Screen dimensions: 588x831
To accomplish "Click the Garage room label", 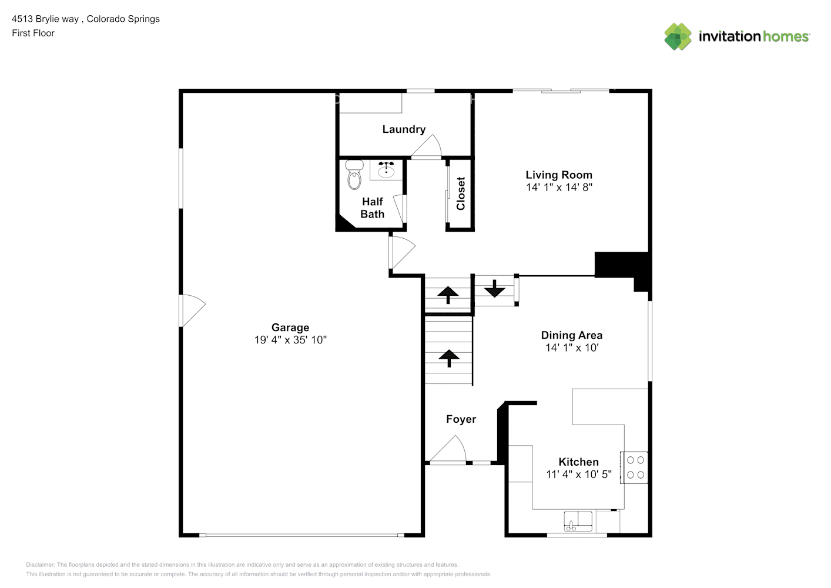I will point(290,328).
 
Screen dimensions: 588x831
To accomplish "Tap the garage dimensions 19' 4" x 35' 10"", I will point(290,340).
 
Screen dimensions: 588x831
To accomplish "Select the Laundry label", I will point(404,129).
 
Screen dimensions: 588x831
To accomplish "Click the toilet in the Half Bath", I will point(354,175).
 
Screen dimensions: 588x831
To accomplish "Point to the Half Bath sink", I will point(386,170).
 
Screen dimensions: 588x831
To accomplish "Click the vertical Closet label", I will point(461,193).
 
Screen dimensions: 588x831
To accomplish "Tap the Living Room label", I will point(558,175).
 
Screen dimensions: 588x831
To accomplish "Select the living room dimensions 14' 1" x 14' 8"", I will point(559,188).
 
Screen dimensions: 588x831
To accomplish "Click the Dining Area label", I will point(571,335).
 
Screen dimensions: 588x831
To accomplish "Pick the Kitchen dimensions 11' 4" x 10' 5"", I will point(578,475).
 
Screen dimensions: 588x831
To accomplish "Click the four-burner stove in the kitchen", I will point(635,467).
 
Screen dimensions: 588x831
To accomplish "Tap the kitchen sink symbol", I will point(578,520).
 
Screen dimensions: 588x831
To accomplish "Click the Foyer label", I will point(461,419).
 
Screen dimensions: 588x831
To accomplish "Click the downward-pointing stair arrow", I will point(495,289).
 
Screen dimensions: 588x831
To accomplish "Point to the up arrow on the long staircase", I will point(449,358).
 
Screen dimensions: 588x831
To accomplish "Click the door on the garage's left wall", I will point(192,310).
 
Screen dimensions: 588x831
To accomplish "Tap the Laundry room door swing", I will point(427,147).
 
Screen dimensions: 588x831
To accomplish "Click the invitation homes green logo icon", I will point(678,36).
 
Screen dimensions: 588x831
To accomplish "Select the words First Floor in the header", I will point(33,33).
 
